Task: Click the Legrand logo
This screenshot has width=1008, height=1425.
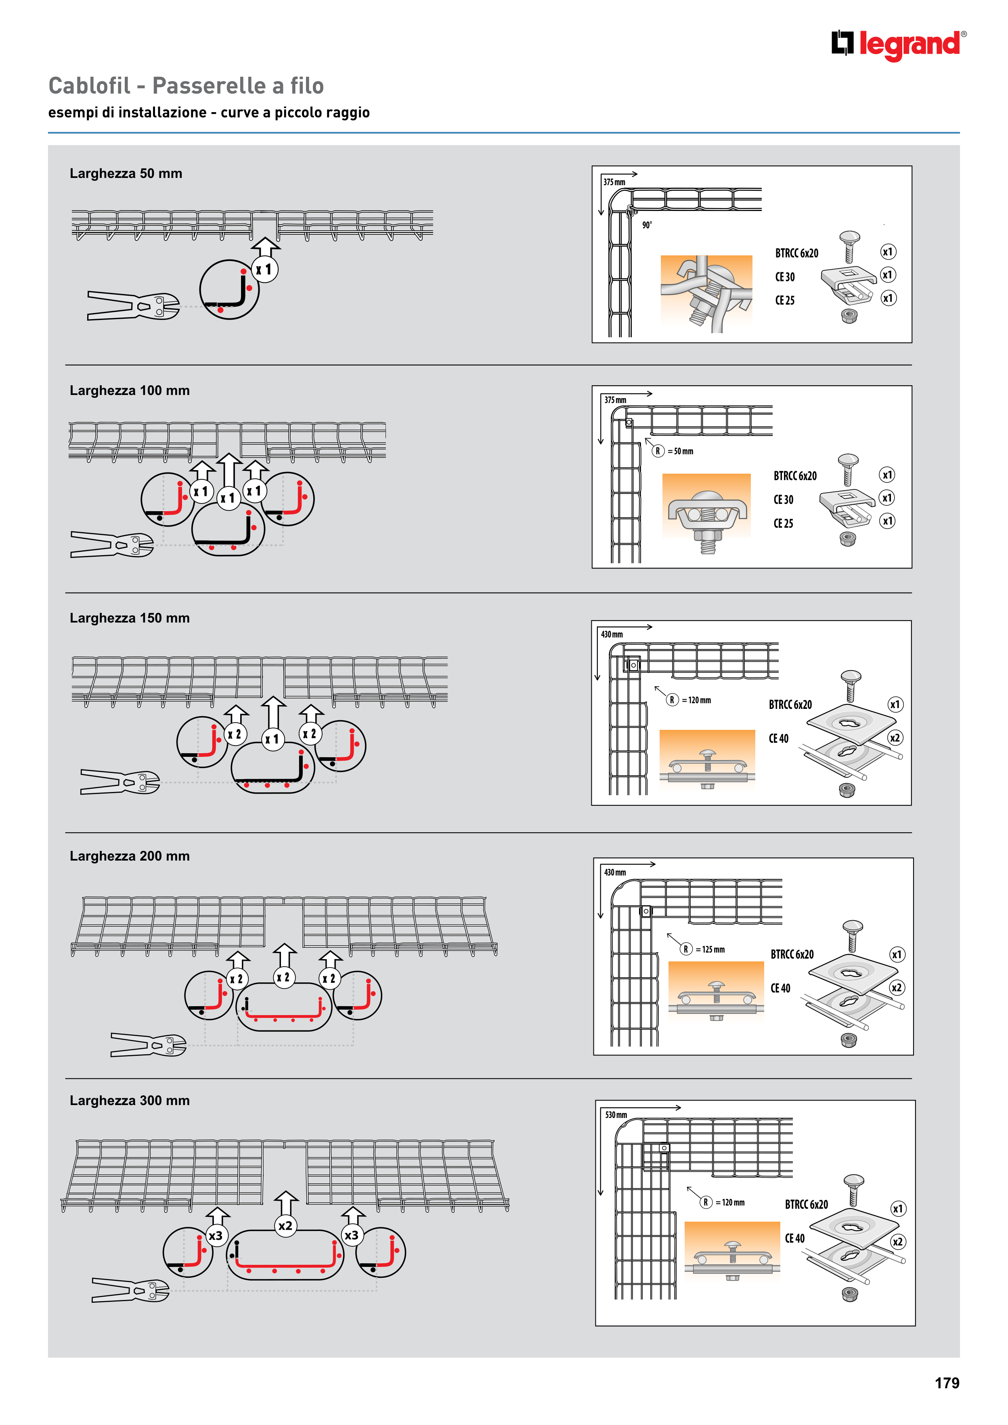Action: pos(899,45)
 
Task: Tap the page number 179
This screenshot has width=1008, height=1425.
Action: pos(947,1383)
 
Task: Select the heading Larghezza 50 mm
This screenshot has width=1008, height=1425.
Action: pos(126,174)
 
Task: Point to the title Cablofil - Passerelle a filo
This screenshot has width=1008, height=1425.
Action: pos(187,86)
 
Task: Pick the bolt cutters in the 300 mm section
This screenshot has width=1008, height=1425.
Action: pos(130,1290)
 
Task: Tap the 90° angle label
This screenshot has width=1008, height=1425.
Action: pos(647,225)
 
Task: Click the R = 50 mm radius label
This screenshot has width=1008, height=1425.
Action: pos(673,451)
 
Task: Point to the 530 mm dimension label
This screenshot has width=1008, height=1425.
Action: pos(616,1115)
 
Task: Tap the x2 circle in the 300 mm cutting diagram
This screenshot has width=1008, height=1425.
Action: pos(285,1226)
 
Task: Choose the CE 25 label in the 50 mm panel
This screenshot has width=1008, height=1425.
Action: pos(784,301)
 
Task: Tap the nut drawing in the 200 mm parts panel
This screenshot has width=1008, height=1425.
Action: pos(849,1040)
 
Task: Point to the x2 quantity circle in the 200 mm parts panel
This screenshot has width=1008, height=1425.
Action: pos(896,987)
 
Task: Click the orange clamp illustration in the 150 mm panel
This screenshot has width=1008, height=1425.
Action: pos(707,760)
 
